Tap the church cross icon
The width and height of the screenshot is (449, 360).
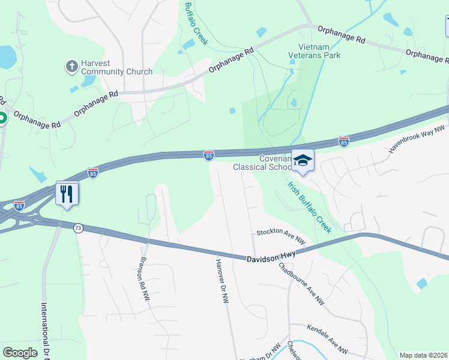point(72,65)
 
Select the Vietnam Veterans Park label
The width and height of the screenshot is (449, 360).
point(319,52)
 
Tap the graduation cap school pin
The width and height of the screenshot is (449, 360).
point(303,160)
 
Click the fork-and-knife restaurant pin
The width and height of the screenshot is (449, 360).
point(67,193)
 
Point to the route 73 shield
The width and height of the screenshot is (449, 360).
point(78,228)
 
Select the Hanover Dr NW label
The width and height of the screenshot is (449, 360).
point(222,281)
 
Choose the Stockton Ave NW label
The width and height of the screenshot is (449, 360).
point(281,236)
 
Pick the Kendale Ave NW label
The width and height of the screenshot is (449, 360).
point(327,339)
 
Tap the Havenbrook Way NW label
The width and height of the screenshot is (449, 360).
point(416,140)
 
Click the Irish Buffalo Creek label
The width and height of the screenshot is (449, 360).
point(309,207)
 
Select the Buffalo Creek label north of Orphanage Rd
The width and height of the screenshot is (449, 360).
point(196,23)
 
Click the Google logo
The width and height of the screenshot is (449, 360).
point(20,353)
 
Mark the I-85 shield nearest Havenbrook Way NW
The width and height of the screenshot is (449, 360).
point(343,142)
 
